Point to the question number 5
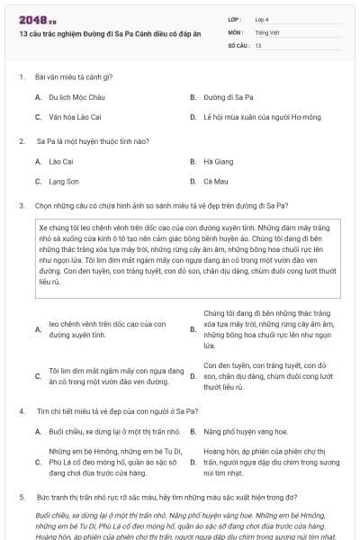(22, 496)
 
